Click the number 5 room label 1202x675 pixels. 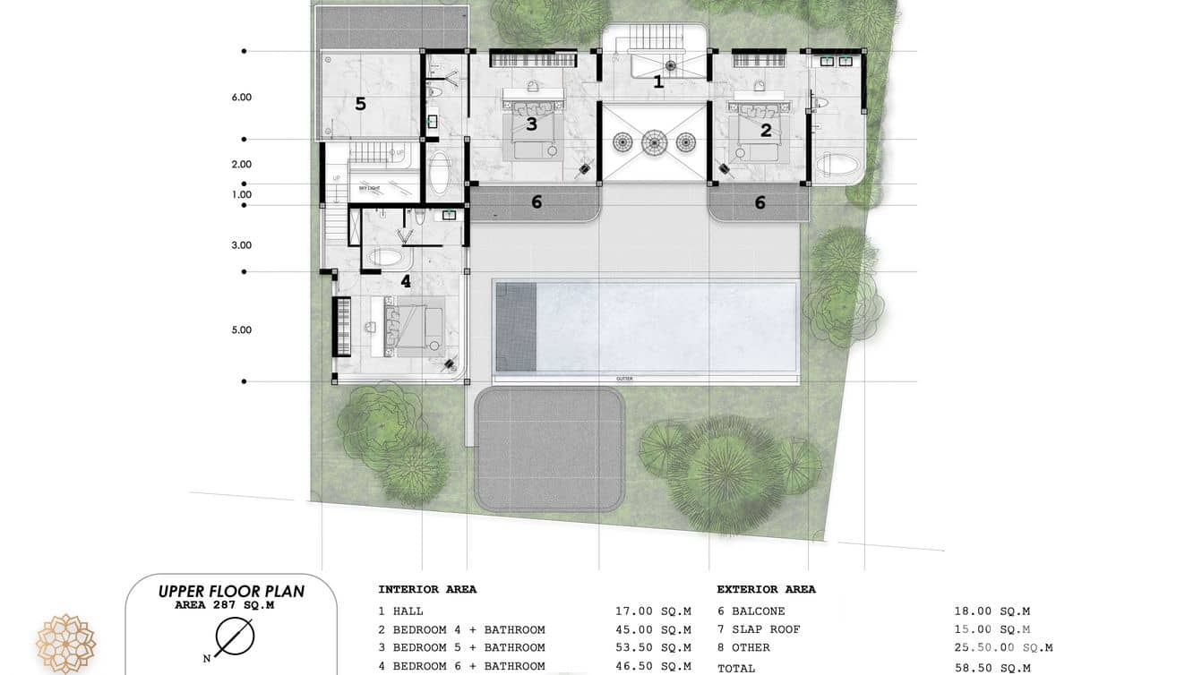(360, 104)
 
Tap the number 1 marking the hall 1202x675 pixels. (658, 82)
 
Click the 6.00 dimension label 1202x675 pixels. (242, 98)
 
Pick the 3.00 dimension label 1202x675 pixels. (242, 245)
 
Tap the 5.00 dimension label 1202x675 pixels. (242, 330)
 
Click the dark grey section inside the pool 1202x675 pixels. (516, 327)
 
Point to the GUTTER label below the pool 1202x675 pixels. (624, 379)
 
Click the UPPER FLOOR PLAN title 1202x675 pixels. (231, 591)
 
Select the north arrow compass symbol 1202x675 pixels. (235, 637)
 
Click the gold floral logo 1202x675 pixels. (65, 644)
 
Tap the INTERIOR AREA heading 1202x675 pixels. (427, 590)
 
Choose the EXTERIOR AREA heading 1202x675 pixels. (766, 590)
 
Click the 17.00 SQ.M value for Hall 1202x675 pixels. (653, 611)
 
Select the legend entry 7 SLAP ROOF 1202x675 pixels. (759, 629)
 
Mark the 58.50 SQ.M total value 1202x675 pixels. (992, 668)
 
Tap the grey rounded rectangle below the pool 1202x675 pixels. (549, 449)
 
